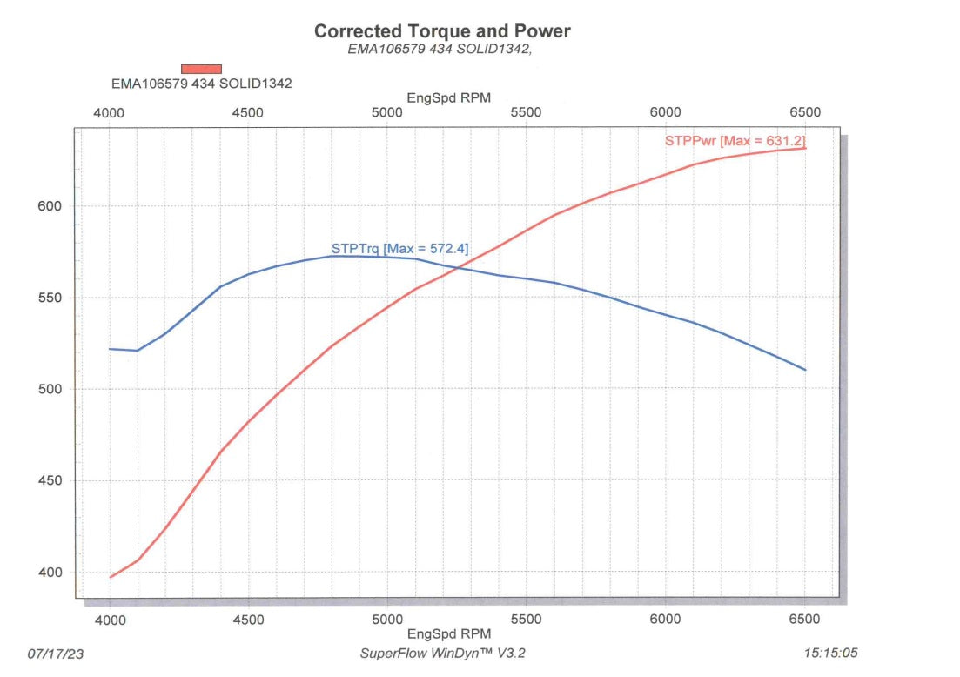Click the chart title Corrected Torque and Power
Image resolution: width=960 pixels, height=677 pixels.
pyautogui.click(x=442, y=31)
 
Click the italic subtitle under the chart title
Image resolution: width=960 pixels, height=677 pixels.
pyautogui.click(x=439, y=50)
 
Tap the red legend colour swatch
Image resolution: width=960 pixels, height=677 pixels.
pyautogui.click(x=201, y=69)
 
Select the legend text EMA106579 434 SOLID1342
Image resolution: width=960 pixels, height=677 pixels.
pyautogui.click(x=201, y=84)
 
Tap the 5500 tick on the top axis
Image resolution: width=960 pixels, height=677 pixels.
pyautogui.click(x=526, y=113)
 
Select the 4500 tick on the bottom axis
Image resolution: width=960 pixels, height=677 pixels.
pyautogui.click(x=248, y=620)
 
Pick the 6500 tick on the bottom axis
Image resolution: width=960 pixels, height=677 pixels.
pyautogui.click(x=804, y=620)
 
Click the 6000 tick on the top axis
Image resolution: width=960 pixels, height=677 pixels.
pyautogui.click(x=665, y=113)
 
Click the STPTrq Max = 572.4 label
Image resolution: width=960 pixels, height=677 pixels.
pyautogui.click(x=399, y=249)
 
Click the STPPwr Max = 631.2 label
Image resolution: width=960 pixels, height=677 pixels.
pyautogui.click(x=735, y=140)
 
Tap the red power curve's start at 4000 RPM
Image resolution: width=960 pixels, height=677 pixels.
pyautogui.click(x=110, y=577)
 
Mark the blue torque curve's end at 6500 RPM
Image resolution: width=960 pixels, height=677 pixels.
pyautogui.click(x=805, y=370)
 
